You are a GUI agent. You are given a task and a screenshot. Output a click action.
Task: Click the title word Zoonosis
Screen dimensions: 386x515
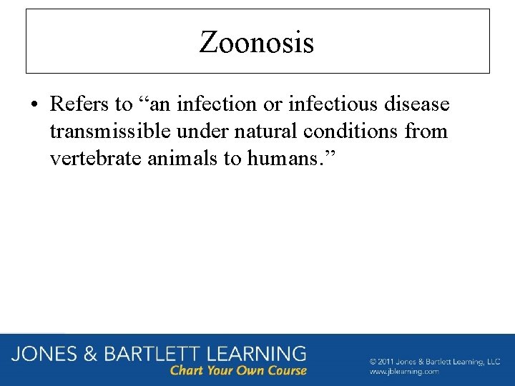tap(257, 43)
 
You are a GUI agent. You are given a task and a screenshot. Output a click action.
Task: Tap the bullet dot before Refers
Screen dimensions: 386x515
tap(34, 105)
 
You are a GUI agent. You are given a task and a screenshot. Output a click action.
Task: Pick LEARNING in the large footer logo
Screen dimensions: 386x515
tap(255, 354)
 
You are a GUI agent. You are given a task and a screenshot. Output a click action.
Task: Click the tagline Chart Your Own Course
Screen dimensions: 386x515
tap(238, 371)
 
